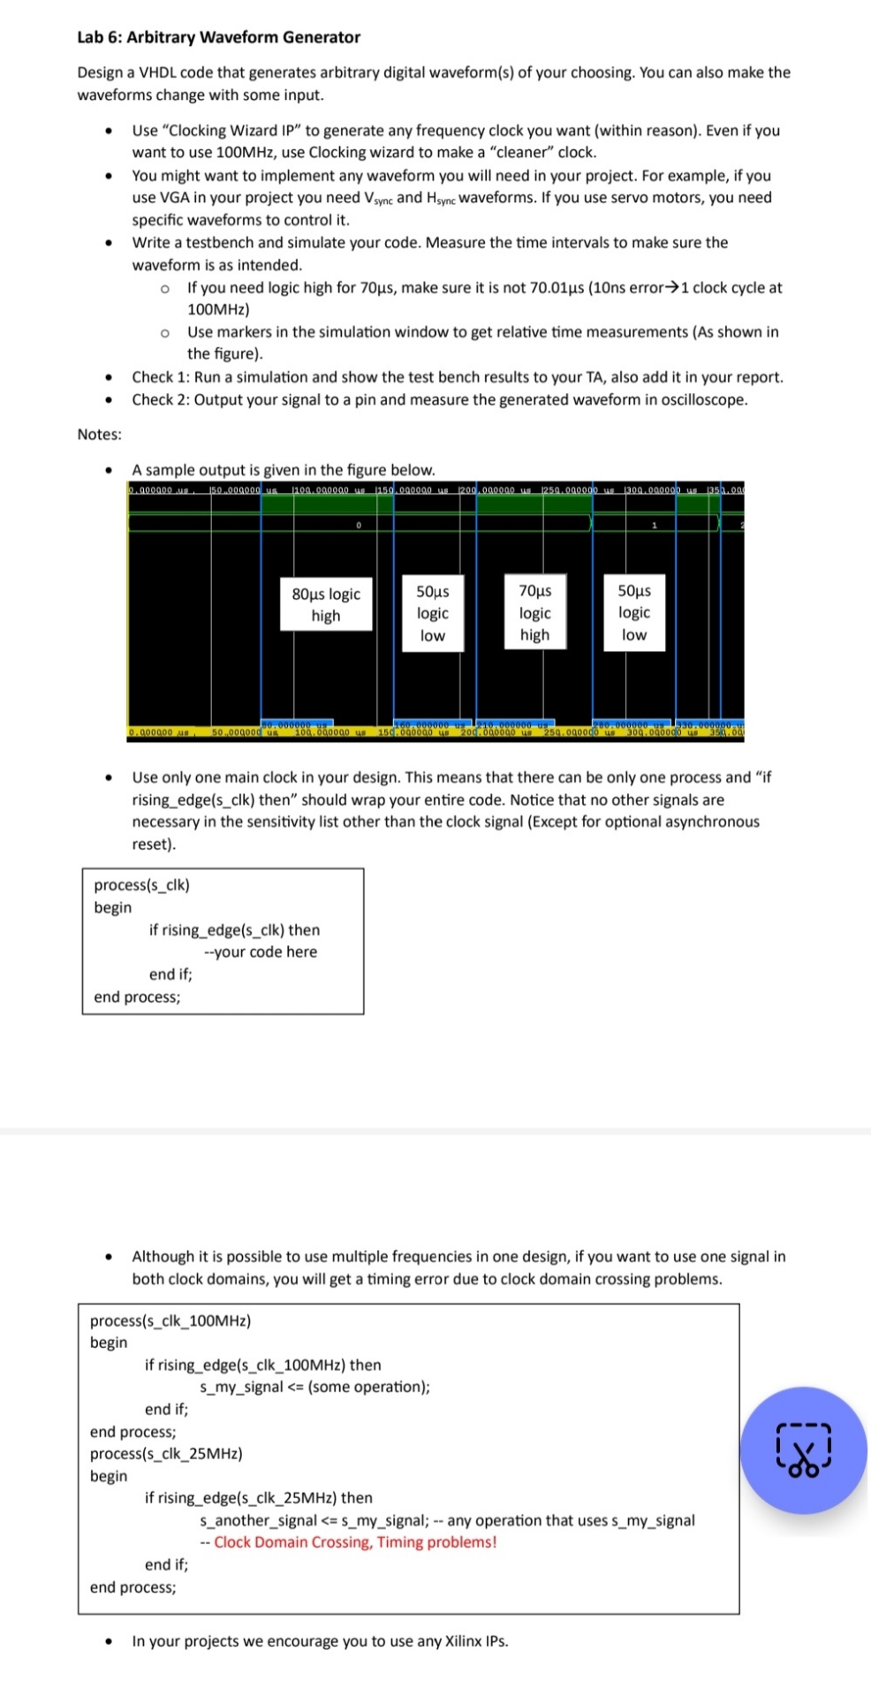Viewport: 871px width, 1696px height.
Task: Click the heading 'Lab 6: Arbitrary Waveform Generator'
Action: pyautogui.click(x=218, y=37)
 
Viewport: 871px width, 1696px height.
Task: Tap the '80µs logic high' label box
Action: pyautogui.click(x=325, y=604)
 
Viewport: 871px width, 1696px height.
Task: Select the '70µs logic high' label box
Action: pyautogui.click(x=534, y=612)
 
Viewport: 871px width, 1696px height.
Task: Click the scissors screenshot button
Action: pyautogui.click(x=803, y=1450)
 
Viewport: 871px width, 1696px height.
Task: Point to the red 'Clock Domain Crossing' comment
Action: pyautogui.click(x=354, y=1541)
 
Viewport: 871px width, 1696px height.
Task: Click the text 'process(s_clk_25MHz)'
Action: pyautogui.click(x=166, y=1453)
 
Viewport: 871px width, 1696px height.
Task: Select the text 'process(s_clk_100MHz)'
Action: pyautogui.click(x=170, y=1321)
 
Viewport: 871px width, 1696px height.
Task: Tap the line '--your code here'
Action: pyautogui.click(x=260, y=951)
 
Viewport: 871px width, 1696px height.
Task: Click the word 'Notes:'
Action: pyautogui.click(x=100, y=434)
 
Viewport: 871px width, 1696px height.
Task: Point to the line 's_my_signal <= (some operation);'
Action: pyautogui.click(x=315, y=1387)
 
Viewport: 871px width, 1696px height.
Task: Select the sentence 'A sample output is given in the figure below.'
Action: pyautogui.click(x=284, y=470)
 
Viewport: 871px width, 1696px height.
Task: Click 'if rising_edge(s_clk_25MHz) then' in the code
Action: pyautogui.click(x=258, y=1497)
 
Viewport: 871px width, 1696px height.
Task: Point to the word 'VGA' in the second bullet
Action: pyautogui.click(x=174, y=198)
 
